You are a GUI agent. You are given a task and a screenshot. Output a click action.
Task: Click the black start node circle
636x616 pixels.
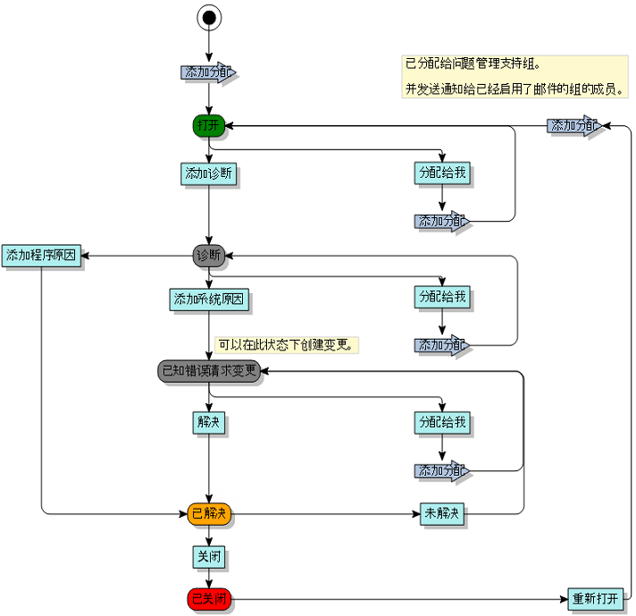[x=209, y=16]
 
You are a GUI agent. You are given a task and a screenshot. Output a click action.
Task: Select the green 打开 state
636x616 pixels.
[x=208, y=126]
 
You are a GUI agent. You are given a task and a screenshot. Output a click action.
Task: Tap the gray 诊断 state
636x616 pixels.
[x=208, y=257]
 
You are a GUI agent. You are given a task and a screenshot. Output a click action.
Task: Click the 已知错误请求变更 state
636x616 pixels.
[x=209, y=370]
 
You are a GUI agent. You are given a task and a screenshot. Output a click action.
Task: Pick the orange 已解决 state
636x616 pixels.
[x=209, y=513]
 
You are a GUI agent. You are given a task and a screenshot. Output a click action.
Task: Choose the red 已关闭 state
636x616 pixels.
[x=209, y=598]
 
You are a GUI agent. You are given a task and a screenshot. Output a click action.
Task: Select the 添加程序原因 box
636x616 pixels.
[x=41, y=256]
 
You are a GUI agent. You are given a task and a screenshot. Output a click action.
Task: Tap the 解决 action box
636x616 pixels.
[x=209, y=421]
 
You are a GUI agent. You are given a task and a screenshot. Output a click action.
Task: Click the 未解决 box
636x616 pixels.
[x=442, y=514]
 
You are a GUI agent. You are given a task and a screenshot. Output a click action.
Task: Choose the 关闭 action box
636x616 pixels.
[x=209, y=557]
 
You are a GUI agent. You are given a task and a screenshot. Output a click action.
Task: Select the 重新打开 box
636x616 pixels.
[x=595, y=599]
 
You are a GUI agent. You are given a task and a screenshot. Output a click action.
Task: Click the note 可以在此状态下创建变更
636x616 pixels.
[x=286, y=344]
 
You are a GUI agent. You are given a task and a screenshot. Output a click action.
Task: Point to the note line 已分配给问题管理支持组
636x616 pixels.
[x=473, y=64]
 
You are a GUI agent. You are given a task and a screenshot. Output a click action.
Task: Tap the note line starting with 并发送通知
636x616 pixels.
[x=515, y=89]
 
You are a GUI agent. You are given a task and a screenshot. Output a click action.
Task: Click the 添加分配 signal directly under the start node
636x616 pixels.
[x=207, y=72]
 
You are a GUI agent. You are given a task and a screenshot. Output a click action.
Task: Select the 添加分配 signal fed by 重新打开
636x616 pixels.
[x=573, y=126]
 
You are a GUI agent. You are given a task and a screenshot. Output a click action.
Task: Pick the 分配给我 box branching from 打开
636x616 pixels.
[x=442, y=173]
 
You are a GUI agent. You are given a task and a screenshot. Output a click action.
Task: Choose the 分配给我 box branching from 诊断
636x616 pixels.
[x=442, y=297]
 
